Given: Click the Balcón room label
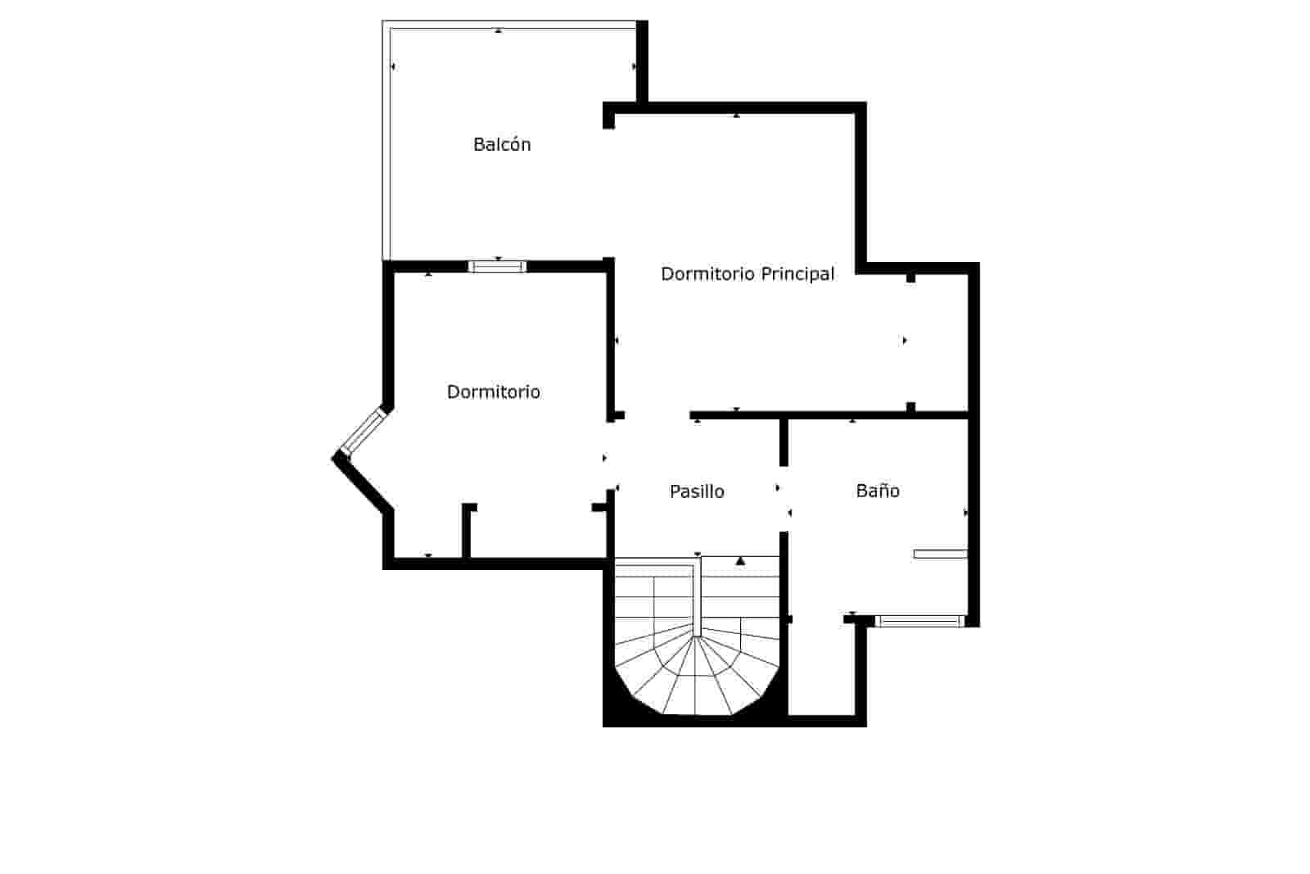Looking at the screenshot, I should tap(502, 145).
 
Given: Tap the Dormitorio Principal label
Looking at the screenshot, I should tap(748, 274).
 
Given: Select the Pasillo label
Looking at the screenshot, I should tap(697, 491).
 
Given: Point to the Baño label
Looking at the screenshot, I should tap(878, 491).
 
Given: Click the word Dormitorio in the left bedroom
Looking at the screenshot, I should tap(493, 392).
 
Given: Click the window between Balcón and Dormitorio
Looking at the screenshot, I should tap(497, 266).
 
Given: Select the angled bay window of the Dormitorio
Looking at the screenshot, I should tap(363, 432).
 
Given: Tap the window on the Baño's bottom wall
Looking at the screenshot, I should tap(919, 621).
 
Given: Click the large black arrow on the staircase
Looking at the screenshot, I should tap(740, 561).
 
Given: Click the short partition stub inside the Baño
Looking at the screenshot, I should tap(940, 555).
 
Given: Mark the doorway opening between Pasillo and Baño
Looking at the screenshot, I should tap(784, 500).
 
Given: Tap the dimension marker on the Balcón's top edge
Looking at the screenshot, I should tap(499, 31).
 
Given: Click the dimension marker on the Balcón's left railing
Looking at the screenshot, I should tap(393, 66).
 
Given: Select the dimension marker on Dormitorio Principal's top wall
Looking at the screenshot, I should tap(736, 116).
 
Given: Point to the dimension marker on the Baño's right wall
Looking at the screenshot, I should tap(966, 513).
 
